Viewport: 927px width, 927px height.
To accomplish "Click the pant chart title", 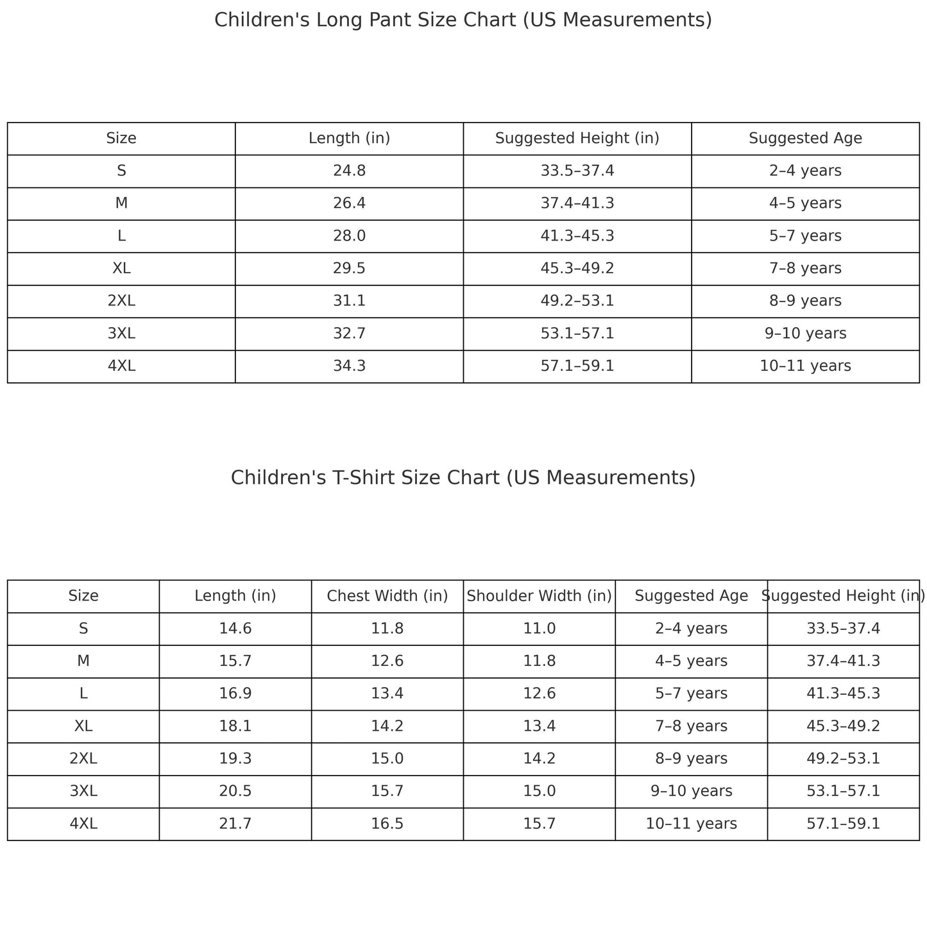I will [x=463, y=21].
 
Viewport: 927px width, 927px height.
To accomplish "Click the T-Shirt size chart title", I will [x=463, y=478].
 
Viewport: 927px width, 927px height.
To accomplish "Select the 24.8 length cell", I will [x=349, y=171].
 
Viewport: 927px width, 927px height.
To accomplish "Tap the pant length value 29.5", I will [x=349, y=268].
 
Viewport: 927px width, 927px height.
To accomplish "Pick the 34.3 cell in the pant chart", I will [x=349, y=366].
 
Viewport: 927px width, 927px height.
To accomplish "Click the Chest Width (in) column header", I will [x=387, y=596].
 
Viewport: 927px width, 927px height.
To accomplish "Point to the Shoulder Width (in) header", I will [x=539, y=596].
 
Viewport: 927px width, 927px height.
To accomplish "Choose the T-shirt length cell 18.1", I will [x=235, y=726].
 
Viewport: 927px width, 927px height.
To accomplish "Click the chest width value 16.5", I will [x=387, y=824].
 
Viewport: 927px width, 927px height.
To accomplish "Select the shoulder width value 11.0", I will [x=539, y=628].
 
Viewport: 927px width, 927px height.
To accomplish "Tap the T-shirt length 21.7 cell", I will [x=235, y=824].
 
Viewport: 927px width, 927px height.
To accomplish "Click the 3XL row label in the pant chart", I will [x=121, y=334].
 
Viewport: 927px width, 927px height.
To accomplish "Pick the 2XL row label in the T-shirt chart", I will [x=83, y=759].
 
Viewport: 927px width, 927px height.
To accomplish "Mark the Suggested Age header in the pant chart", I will [x=805, y=138].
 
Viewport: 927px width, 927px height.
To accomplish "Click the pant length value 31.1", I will [x=349, y=301].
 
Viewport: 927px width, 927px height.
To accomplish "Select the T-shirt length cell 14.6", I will [x=235, y=628].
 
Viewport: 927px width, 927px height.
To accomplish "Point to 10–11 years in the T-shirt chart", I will [x=691, y=824].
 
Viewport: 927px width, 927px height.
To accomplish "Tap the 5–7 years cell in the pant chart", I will [x=805, y=236].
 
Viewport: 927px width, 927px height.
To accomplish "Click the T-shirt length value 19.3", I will [x=235, y=759].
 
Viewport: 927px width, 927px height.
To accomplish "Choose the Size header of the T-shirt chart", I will [x=83, y=596].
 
